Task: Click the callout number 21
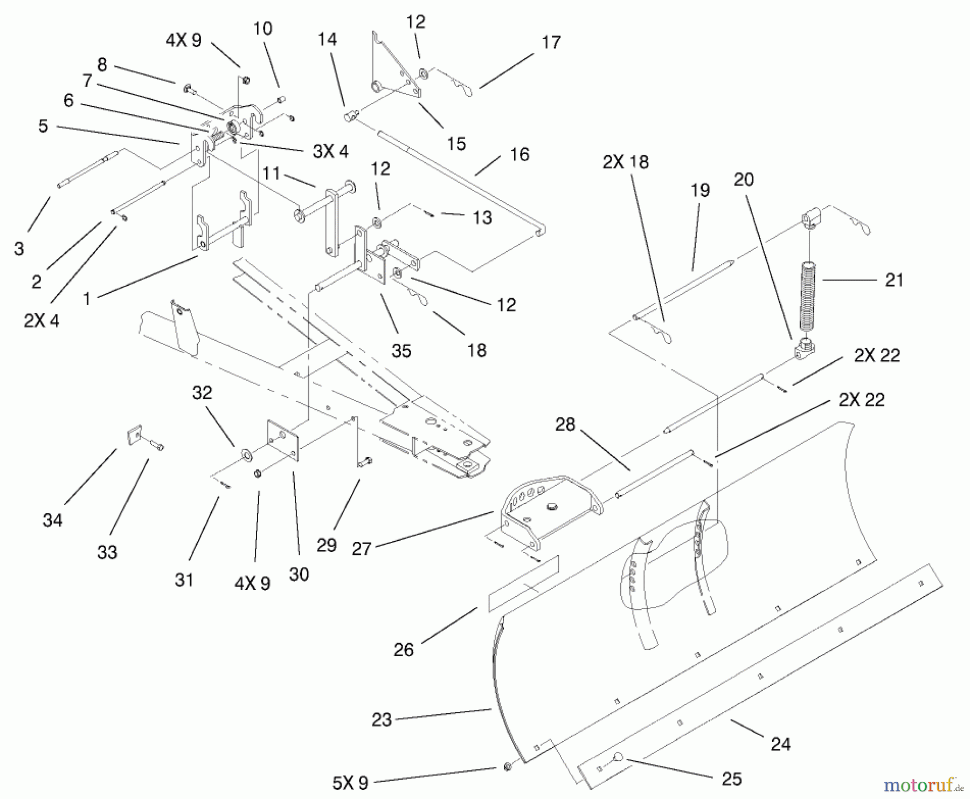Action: click(894, 280)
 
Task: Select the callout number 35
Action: click(401, 351)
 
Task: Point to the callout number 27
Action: click(362, 549)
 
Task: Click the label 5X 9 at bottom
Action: click(350, 783)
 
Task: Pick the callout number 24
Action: click(780, 745)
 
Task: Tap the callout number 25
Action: click(732, 779)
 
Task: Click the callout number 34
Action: click(53, 520)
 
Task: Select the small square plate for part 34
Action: click(135, 435)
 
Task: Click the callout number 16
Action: click(519, 155)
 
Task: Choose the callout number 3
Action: click(19, 249)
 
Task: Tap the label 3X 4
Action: click(331, 151)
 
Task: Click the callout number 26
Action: click(403, 650)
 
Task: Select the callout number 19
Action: click(701, 190)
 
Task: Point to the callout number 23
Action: click(382, 720)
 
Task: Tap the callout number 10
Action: click(263, 28)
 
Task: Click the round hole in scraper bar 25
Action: click(617, 757)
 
